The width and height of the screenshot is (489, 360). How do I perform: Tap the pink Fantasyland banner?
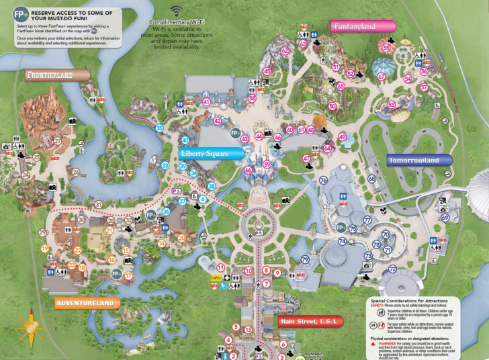point(363,26)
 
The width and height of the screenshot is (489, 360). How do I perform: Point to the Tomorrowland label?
point(413,160)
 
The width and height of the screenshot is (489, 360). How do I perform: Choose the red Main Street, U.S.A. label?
point(310,321)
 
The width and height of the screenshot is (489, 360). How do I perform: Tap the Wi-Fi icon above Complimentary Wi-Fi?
point(177,11)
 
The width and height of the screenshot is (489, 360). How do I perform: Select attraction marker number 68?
point(372,179)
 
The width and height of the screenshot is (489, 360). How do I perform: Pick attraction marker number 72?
point(392,269)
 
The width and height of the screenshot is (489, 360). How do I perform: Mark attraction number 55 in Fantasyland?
point(386,48)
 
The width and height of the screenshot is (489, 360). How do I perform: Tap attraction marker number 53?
point(391,104)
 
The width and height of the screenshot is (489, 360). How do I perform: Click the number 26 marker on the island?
point(76,172)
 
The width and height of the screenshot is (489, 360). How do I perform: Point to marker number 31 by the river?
point(98,204)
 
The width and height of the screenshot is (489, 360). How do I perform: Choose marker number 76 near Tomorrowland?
point(323,180)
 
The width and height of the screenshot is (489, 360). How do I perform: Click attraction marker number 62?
point(285,50)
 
